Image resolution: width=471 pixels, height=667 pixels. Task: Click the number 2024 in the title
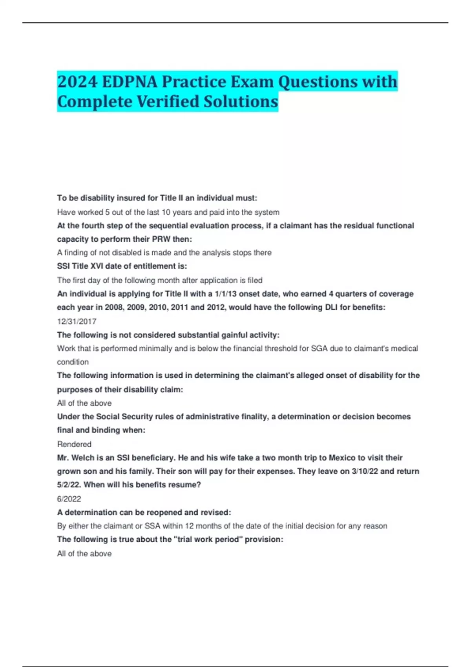pyautogui.click(x=77, y=82)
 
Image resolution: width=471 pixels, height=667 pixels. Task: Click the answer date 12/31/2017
pyautogui.click(x=77, y=321)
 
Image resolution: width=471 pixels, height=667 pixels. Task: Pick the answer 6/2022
pyautogui.click(x=69, y=499)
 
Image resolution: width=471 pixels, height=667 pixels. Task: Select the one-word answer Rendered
pyautogui.click(x=74, y=444)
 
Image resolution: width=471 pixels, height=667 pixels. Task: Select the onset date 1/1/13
pyautogui.click(x=226, y=294)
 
